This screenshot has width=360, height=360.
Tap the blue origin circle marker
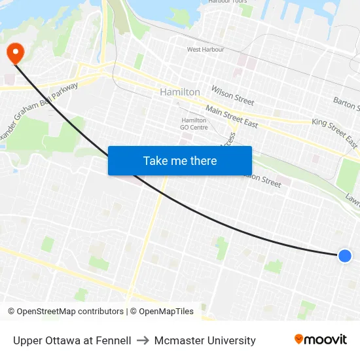[x=345, y=256]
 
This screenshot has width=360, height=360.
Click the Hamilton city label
[x=180, y=92]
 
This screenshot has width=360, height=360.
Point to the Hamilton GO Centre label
[x=194, y=124]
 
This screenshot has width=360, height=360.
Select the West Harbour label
[x=206, y=49]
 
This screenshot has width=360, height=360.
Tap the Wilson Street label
[x=232, y=96]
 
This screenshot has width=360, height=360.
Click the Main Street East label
[x=232, y=117]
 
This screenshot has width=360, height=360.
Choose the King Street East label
[x=334, y=132]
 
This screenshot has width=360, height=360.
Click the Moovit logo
[x=320, y=340]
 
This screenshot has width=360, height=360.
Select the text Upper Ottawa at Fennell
[x=72, y=340]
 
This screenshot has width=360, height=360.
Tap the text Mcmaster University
[x=205, y=340]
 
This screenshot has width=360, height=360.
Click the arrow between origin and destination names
[x=143, y=340]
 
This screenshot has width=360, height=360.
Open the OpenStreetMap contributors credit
[x=65, y=312]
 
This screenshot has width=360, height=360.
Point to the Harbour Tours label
[x=227, y=2]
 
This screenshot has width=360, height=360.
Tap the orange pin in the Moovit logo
[x=299, y=339]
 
